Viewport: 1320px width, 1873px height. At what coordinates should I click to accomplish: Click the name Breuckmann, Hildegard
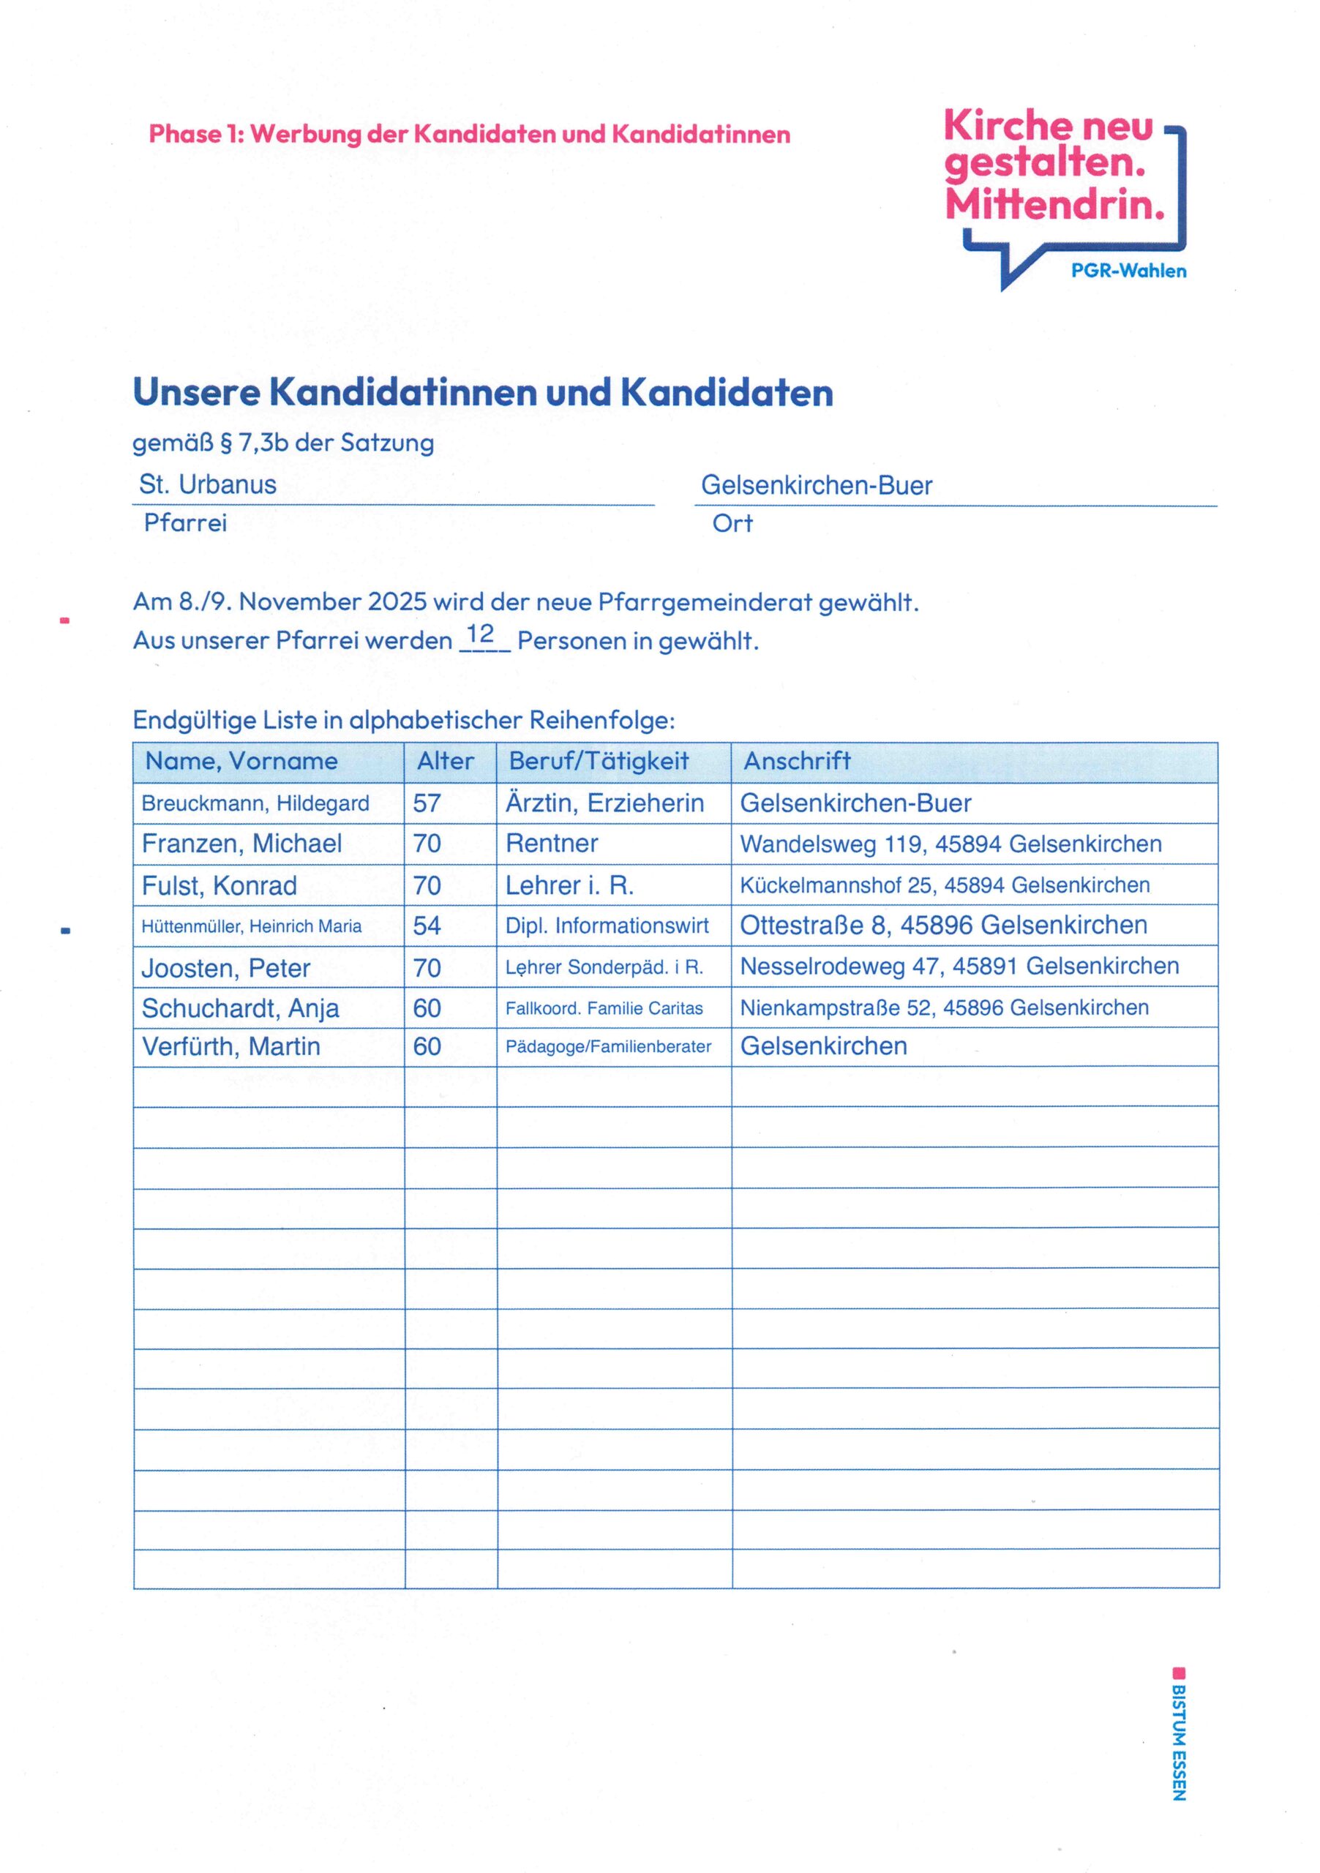click(255, 803)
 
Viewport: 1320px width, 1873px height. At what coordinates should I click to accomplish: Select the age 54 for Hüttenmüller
click(427, 926)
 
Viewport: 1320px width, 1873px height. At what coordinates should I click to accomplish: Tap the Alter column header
click(446, 761)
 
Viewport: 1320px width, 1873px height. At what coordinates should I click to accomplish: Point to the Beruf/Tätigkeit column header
click(599, 761)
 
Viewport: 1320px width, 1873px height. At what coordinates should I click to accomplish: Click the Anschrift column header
click(797, 761)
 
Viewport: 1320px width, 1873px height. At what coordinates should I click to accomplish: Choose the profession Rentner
click(552, 844)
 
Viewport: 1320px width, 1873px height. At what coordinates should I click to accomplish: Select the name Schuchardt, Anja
click(240, 1008)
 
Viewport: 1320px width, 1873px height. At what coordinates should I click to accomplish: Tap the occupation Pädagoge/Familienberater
click(608, 1047)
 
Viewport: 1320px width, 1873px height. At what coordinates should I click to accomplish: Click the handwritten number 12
click(481, 634)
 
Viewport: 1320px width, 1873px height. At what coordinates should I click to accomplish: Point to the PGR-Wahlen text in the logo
click(1128, 271)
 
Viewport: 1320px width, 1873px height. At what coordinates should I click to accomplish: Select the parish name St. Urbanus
click(208, 484)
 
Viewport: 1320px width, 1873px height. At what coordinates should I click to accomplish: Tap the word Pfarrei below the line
click(185, 523)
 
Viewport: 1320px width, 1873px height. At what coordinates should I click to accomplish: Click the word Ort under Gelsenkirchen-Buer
click(732, 523)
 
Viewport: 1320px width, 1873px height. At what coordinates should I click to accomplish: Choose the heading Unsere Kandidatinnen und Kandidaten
click(483, 392)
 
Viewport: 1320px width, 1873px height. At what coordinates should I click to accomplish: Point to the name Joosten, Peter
click(226, 968)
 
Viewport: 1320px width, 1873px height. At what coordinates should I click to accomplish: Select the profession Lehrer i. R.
click(569, 886)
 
